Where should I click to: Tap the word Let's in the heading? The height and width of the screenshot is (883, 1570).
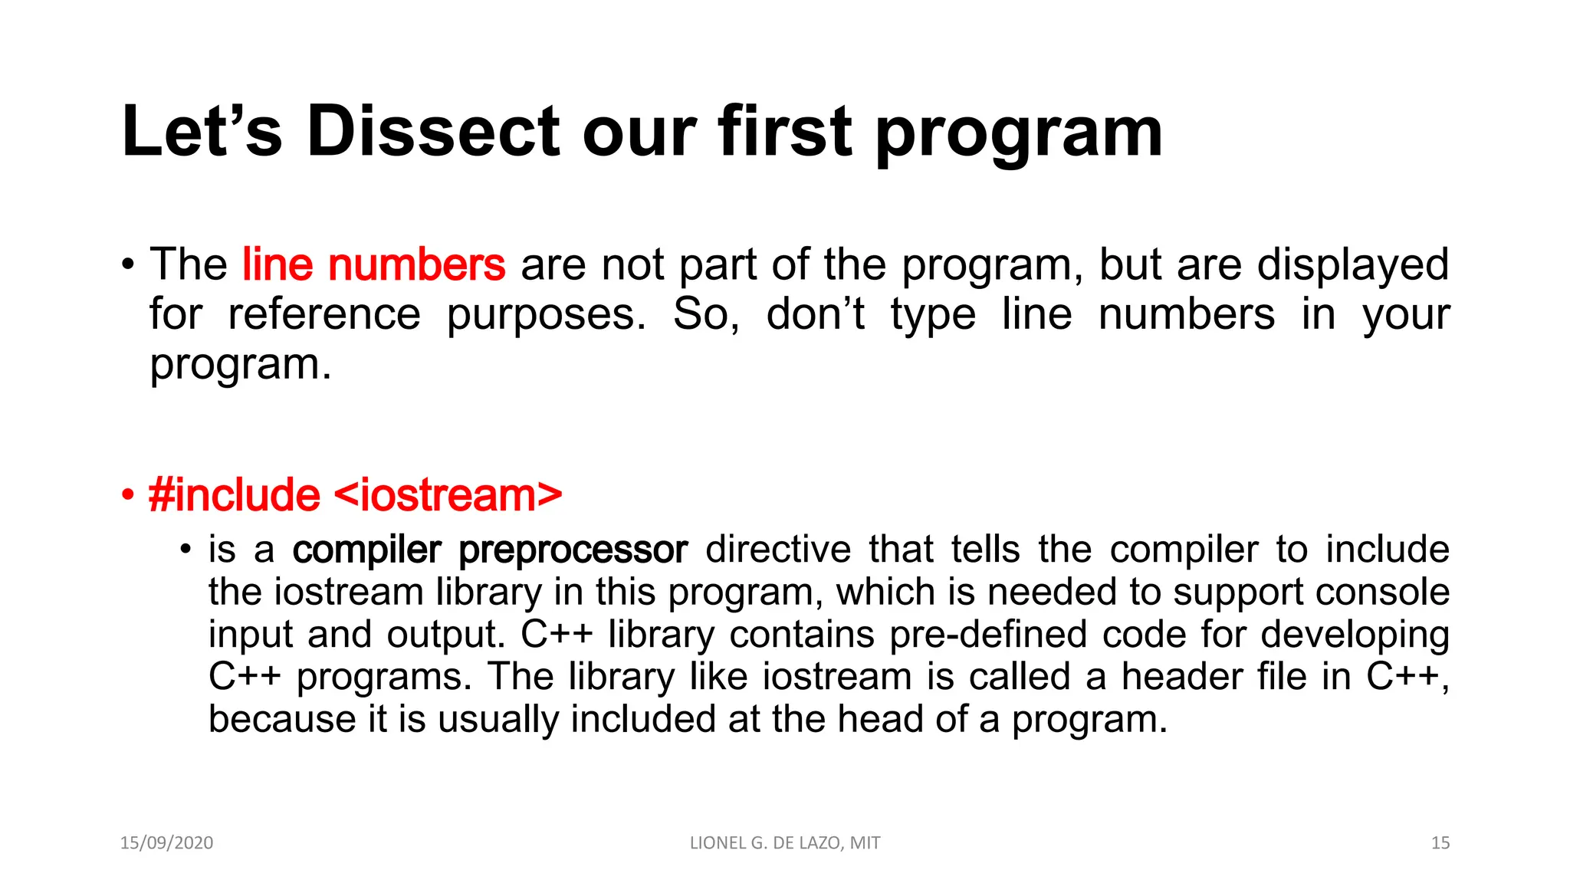[x=202, y=132]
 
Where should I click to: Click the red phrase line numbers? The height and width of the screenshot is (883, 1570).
[x=373, y=264]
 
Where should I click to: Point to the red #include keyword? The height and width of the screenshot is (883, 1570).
[x=235, y=495]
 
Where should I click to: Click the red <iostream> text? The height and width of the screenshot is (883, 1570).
[x=448, y=495]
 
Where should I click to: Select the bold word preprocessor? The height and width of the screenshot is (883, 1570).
[x=573, y=550]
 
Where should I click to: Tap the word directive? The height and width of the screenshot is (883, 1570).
[x=778, y=550]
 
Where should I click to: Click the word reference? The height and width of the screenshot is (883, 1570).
[x=324, y=314]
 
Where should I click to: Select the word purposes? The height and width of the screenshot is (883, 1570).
[x=547, y=316]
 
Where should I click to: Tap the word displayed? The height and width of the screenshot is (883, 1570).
[x=1353, y=265]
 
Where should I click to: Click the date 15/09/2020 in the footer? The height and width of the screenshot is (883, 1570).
[x=166, y=843]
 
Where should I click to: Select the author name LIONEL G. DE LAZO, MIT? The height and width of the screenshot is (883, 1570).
[x=785, y=843]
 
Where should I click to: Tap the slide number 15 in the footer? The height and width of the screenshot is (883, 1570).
[x=1440, y=843]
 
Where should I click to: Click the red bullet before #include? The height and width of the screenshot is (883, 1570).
[x=128, y=496]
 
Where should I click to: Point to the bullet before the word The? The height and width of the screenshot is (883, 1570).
[x=128, y=265]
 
